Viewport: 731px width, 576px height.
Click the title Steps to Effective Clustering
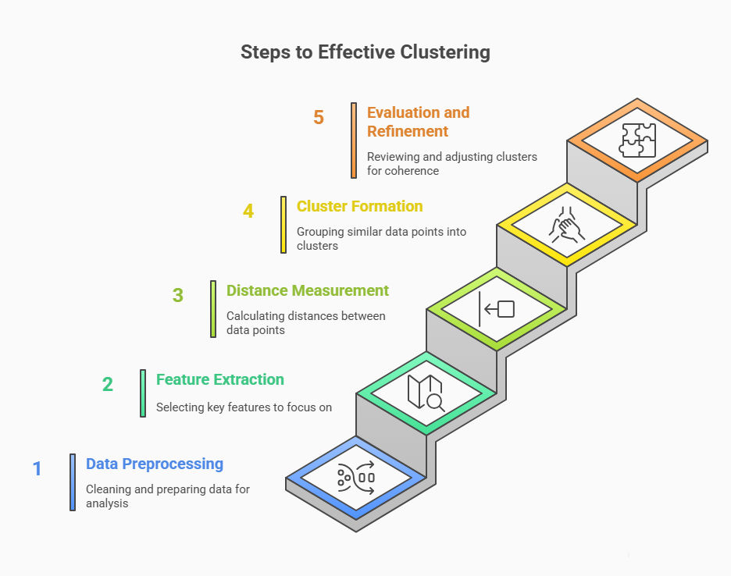(x=365, y=52)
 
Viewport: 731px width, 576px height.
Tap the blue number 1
(x=37, y=469)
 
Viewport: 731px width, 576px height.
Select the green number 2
(x=108, y=384)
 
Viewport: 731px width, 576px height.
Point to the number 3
(x=178, y=296)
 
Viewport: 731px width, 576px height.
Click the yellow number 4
(x=248, y=212)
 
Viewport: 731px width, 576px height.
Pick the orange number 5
(x=319, y=118)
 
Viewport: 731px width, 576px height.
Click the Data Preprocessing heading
(x=155, y=464)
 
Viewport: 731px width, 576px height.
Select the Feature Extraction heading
(x=220, y=380)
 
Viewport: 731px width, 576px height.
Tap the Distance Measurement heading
(x=308, y=291)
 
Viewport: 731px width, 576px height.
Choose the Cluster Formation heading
(x=359, y=207)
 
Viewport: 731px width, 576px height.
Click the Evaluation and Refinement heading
(x=418, y=122)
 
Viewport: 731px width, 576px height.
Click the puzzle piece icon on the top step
(x=637, y=140)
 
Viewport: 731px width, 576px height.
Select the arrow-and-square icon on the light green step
(x=497, y=309)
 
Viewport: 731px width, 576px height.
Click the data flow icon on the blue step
(x=356, y=477)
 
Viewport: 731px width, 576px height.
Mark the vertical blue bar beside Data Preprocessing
(x=73, y=482)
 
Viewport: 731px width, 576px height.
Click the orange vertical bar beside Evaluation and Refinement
(x=354, y=140)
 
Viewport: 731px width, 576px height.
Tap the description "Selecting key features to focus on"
(x=244, y=407)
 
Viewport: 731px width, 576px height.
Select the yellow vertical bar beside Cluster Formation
(x=283, y=225)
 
